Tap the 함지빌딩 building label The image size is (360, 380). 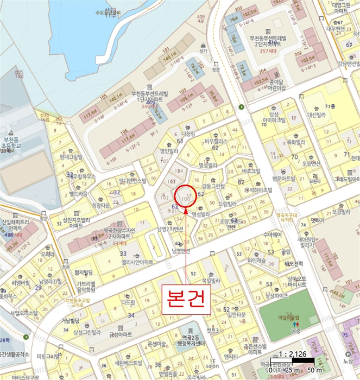[x=85, y=272]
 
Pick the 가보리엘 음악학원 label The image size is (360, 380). [x=86, y=287]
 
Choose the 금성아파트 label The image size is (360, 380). [x=120, y=334]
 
